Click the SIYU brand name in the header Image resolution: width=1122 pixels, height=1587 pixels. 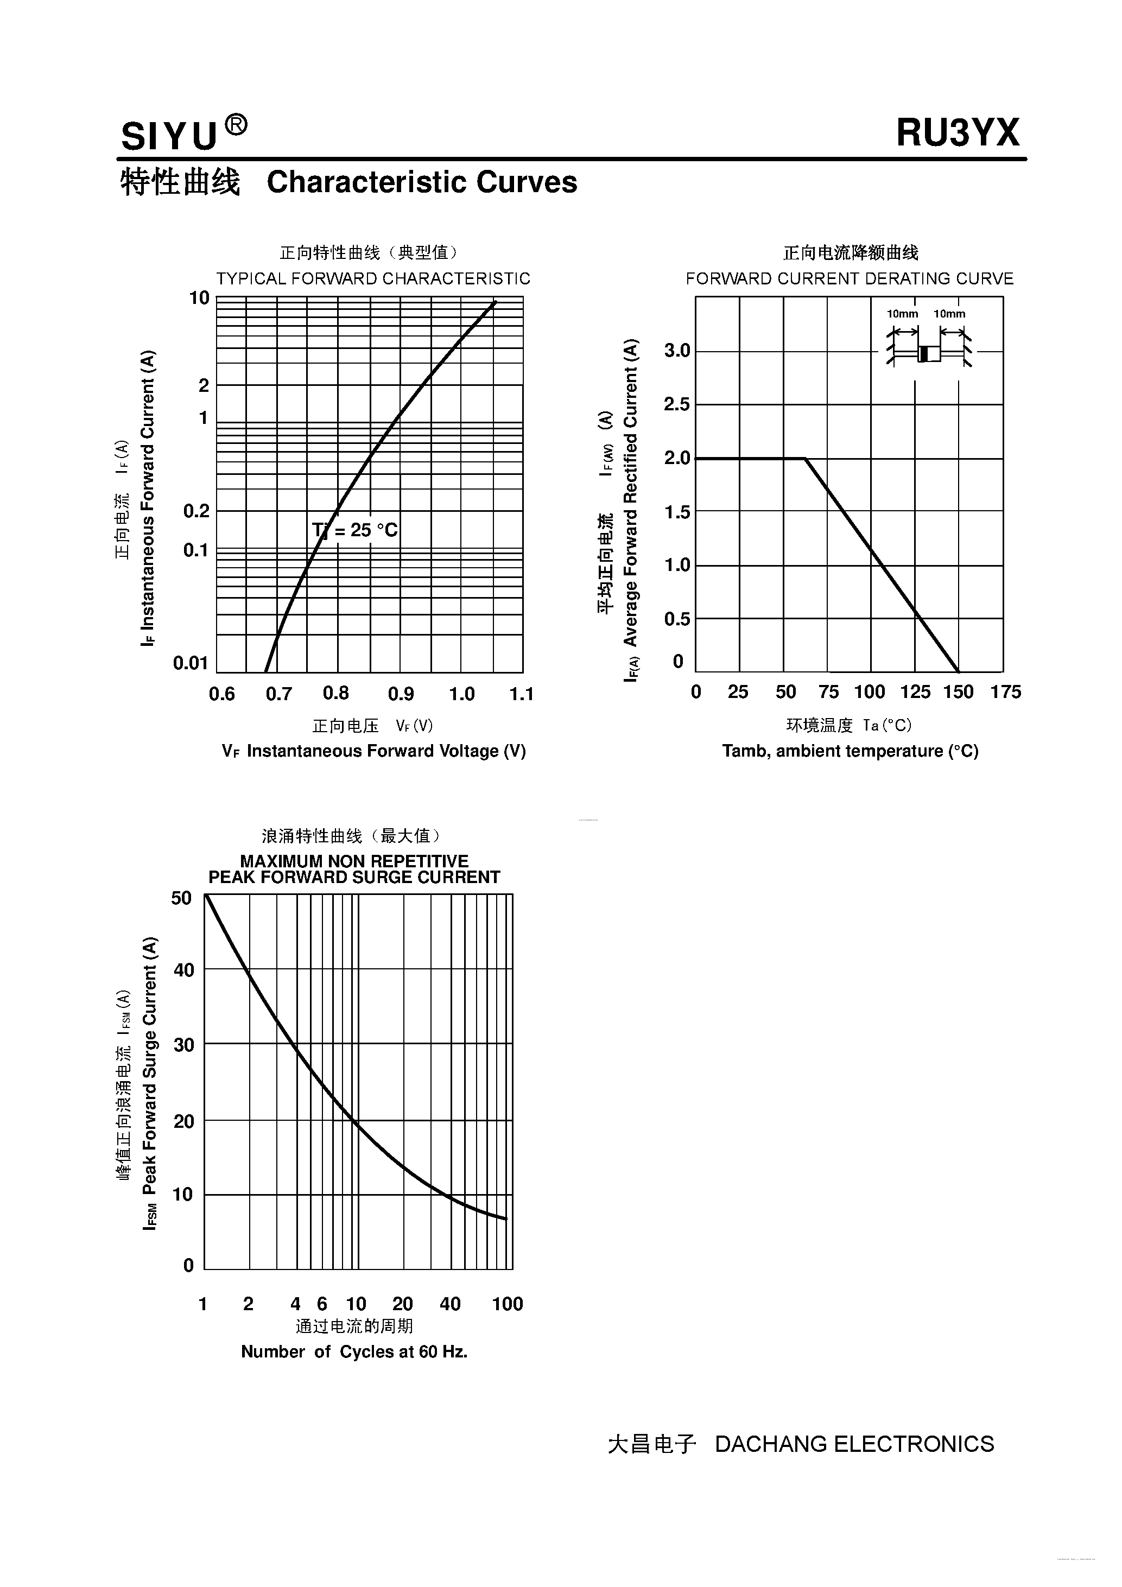[169, 136]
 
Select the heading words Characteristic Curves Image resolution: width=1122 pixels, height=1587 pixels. [422, 182]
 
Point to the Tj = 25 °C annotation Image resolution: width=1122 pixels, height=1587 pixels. [354, 530]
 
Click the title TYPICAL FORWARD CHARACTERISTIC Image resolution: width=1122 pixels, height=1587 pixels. [373, 278]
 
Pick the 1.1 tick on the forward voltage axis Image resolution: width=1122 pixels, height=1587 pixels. [521, 694]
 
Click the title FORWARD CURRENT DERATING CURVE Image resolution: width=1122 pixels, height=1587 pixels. [850, 278]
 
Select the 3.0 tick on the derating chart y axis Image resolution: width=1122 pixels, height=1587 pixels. [677, 351]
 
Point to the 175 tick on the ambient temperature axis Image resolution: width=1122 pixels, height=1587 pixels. [1005, 692]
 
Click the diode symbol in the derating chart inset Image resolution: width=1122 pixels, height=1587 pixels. [928, 353]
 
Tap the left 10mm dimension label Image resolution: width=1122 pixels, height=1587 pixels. [902, 314]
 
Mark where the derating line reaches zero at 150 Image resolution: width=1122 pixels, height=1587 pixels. [958, 671]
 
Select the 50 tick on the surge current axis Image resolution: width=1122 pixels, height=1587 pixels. [181, 898]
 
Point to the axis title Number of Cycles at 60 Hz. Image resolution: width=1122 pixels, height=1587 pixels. [354, 1351]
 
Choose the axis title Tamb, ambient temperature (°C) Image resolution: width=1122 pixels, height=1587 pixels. [850, 751]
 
